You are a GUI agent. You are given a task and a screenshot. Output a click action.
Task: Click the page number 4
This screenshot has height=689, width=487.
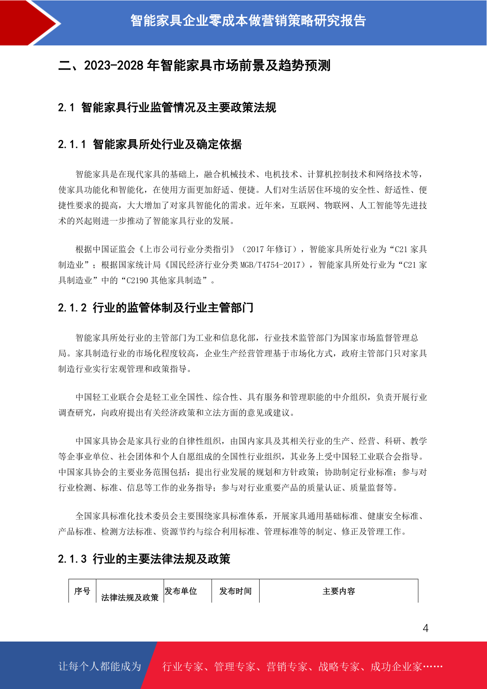click(x=425, y=628)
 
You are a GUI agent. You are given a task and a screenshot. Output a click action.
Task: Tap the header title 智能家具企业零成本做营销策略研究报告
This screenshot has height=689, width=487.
click(x=248, y=20)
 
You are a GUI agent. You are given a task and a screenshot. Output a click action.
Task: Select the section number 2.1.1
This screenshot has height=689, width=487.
click(x=72, y=144)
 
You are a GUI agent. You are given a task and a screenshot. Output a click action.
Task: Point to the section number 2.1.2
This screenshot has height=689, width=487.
click(x=72, y=308)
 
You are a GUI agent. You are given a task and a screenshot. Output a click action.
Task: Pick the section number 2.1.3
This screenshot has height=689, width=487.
click(x=72, y=559)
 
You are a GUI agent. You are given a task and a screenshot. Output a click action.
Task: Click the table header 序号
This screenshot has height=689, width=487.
click(x=82, y=591)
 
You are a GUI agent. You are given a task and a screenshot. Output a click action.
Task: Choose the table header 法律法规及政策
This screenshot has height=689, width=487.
click(x=130, y=597)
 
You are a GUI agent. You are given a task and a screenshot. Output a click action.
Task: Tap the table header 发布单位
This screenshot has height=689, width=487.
click(x=181, y=591)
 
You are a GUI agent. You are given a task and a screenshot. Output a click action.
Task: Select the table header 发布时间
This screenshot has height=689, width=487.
click(x=236, y=591)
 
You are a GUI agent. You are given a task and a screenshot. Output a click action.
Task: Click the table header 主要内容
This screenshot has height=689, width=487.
click(x=339, y=591)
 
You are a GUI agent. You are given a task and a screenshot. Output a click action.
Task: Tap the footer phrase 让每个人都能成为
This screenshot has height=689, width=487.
click(x=100, y=666)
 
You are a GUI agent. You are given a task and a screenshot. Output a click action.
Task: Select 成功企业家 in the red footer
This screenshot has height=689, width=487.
click(x=396, y=666)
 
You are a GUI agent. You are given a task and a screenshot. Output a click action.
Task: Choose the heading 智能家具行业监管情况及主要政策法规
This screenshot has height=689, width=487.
click(x=179, y=108)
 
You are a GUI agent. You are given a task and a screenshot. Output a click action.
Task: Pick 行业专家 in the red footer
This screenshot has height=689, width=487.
click(x=183, y=666)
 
